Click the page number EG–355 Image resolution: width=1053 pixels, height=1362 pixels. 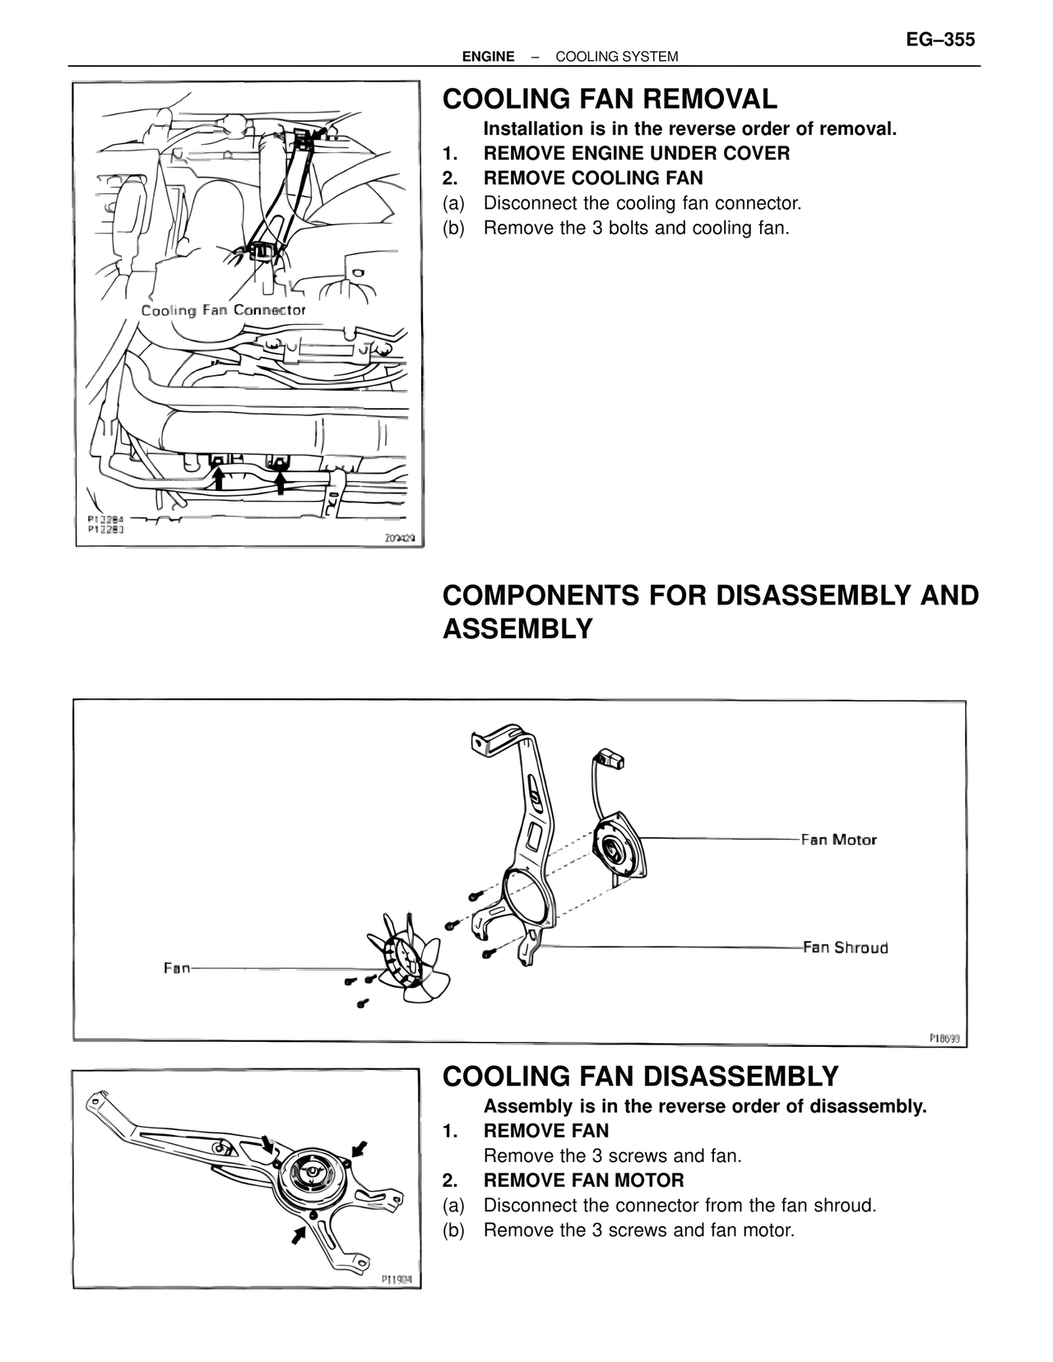tap(939, 39)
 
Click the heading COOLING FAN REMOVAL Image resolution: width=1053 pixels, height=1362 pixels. tap(609, 100)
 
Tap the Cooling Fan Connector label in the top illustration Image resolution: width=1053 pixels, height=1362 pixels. tap(223, 310)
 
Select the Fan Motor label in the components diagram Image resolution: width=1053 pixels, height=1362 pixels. tap(838, 840)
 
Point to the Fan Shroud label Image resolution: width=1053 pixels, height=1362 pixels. tap(845, 947)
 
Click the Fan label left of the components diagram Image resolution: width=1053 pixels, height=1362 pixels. tap(177, 968)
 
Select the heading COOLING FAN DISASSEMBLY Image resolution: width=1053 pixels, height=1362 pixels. tap(640, 1077)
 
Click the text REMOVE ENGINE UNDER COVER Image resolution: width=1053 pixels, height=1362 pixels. tap(636, 154)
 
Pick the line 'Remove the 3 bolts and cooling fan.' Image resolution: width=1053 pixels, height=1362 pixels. tap(636, 228)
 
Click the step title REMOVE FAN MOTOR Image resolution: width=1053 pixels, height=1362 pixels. tap(583, 1180)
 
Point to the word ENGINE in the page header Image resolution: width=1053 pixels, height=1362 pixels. tap(488, 57)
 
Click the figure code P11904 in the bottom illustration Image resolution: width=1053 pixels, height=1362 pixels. tap(397, 1280)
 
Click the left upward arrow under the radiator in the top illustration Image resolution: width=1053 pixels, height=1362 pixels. tap(219, 478)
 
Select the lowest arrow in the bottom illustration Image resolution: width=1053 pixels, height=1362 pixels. tap(299, 1234)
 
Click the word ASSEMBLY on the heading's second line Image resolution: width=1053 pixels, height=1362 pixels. tap(517, 629)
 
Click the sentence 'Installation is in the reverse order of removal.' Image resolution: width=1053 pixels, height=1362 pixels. tap(689, 129)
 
